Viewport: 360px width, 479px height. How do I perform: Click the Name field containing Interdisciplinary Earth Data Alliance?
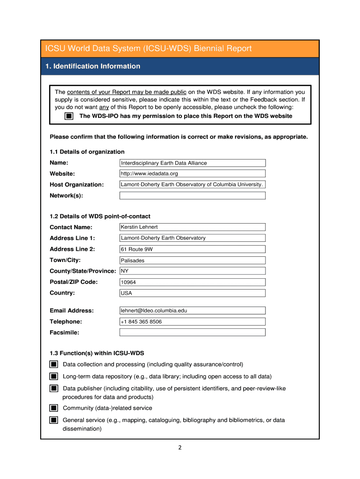[x=193, y=163]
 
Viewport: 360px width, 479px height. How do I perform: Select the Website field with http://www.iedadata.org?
[x=193, y=174]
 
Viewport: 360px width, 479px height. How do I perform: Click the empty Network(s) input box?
[x=193, y=196]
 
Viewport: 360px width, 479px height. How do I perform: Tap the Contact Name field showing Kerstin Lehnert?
[x=193, y=227]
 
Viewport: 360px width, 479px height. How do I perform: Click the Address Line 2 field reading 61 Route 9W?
[x=193, y=249]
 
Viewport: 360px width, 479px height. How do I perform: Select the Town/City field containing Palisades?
[x=193, y=261]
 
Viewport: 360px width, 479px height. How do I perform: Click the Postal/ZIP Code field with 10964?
[x=193, y=282]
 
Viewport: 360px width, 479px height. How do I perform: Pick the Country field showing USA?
[x=193, y=293]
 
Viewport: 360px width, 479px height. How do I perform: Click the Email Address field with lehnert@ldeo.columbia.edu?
[x=193, y=311]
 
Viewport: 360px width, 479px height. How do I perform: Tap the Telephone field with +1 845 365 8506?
[x=193, y=322]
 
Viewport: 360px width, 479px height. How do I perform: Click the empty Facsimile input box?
[x=193, y=333]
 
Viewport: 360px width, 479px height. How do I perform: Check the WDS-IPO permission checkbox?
[x=68, y=116]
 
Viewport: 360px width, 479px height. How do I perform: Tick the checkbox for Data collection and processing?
[x=54, y=364]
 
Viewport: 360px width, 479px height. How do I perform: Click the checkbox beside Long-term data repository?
[x=54, y=377]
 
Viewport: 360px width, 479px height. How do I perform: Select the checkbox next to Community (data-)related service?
[x=54, y=408]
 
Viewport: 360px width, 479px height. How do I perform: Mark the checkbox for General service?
[x=54, y=420]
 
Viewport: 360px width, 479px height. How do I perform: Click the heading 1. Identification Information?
[x=93, y=66]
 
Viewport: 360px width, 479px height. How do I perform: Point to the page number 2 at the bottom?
[x=180, y=448]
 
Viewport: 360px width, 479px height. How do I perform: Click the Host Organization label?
[x=77, y=185]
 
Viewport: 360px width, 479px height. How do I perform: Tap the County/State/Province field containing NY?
[x=193, y=271]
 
